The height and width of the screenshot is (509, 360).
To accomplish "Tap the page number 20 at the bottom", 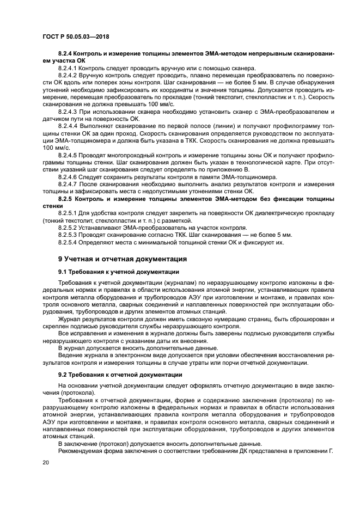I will point(46,463).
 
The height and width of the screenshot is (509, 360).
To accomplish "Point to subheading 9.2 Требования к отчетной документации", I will point(120,375).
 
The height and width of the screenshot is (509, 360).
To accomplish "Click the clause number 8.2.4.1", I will point(68,68).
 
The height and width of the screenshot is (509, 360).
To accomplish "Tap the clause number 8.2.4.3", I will point(68,111).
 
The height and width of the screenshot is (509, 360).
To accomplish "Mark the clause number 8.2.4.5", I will point(68,155).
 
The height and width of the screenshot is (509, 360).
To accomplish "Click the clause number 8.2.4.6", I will point(68,177).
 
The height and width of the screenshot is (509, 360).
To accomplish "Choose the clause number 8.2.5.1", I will point(68,213).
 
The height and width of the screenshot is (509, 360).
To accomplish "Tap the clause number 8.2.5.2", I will point(68,228).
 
